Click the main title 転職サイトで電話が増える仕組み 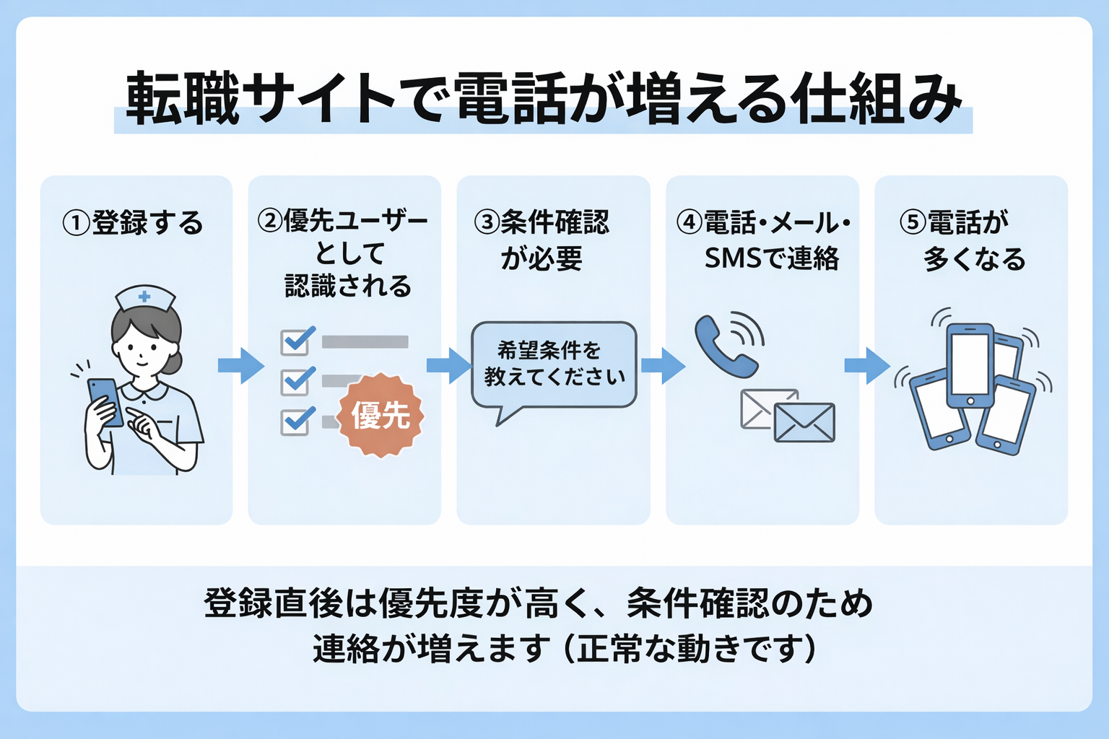543,100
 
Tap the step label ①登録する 134,222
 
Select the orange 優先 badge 380,415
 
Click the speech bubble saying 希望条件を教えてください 554,364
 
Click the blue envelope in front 804,422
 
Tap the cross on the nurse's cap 144,296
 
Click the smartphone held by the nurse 105,401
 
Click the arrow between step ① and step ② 241,365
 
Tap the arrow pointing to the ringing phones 867,365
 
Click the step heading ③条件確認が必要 542,240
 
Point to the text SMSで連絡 771,258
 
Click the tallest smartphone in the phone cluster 970,365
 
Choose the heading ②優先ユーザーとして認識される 345,253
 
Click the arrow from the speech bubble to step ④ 662,365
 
